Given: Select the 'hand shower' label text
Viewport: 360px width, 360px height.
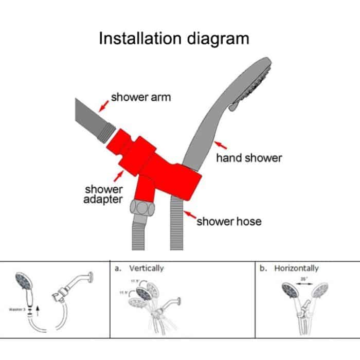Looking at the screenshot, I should coord(249,158).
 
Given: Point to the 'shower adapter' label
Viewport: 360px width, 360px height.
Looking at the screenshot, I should coord(103,194).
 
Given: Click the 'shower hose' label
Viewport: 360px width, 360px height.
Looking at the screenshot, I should coord(229,222).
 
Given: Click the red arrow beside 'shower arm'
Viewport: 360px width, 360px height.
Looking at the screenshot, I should coord(103,105).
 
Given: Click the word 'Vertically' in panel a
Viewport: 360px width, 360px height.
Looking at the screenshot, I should coord(147,268).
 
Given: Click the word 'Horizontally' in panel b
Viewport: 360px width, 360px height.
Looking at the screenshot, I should coord(296,268).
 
